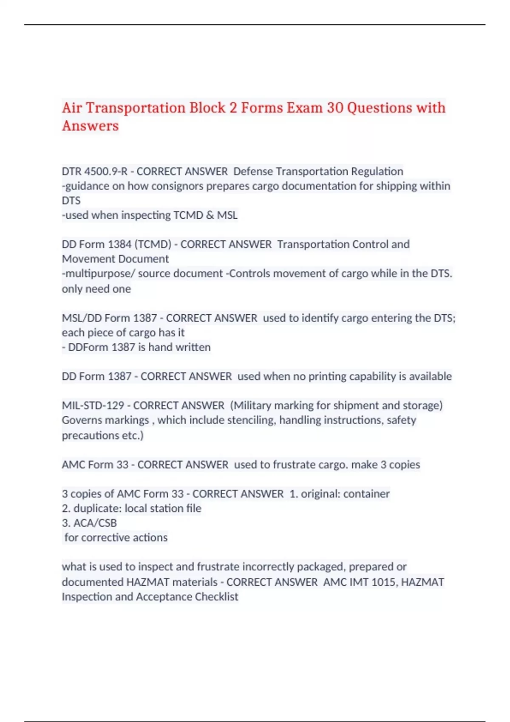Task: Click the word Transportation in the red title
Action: point(136,108)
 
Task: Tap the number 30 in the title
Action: point(334,108)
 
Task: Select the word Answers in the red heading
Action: point(90,126)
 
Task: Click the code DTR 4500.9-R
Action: point(94,172)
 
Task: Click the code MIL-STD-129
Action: point(93,406)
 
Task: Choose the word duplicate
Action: point(97,509)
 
